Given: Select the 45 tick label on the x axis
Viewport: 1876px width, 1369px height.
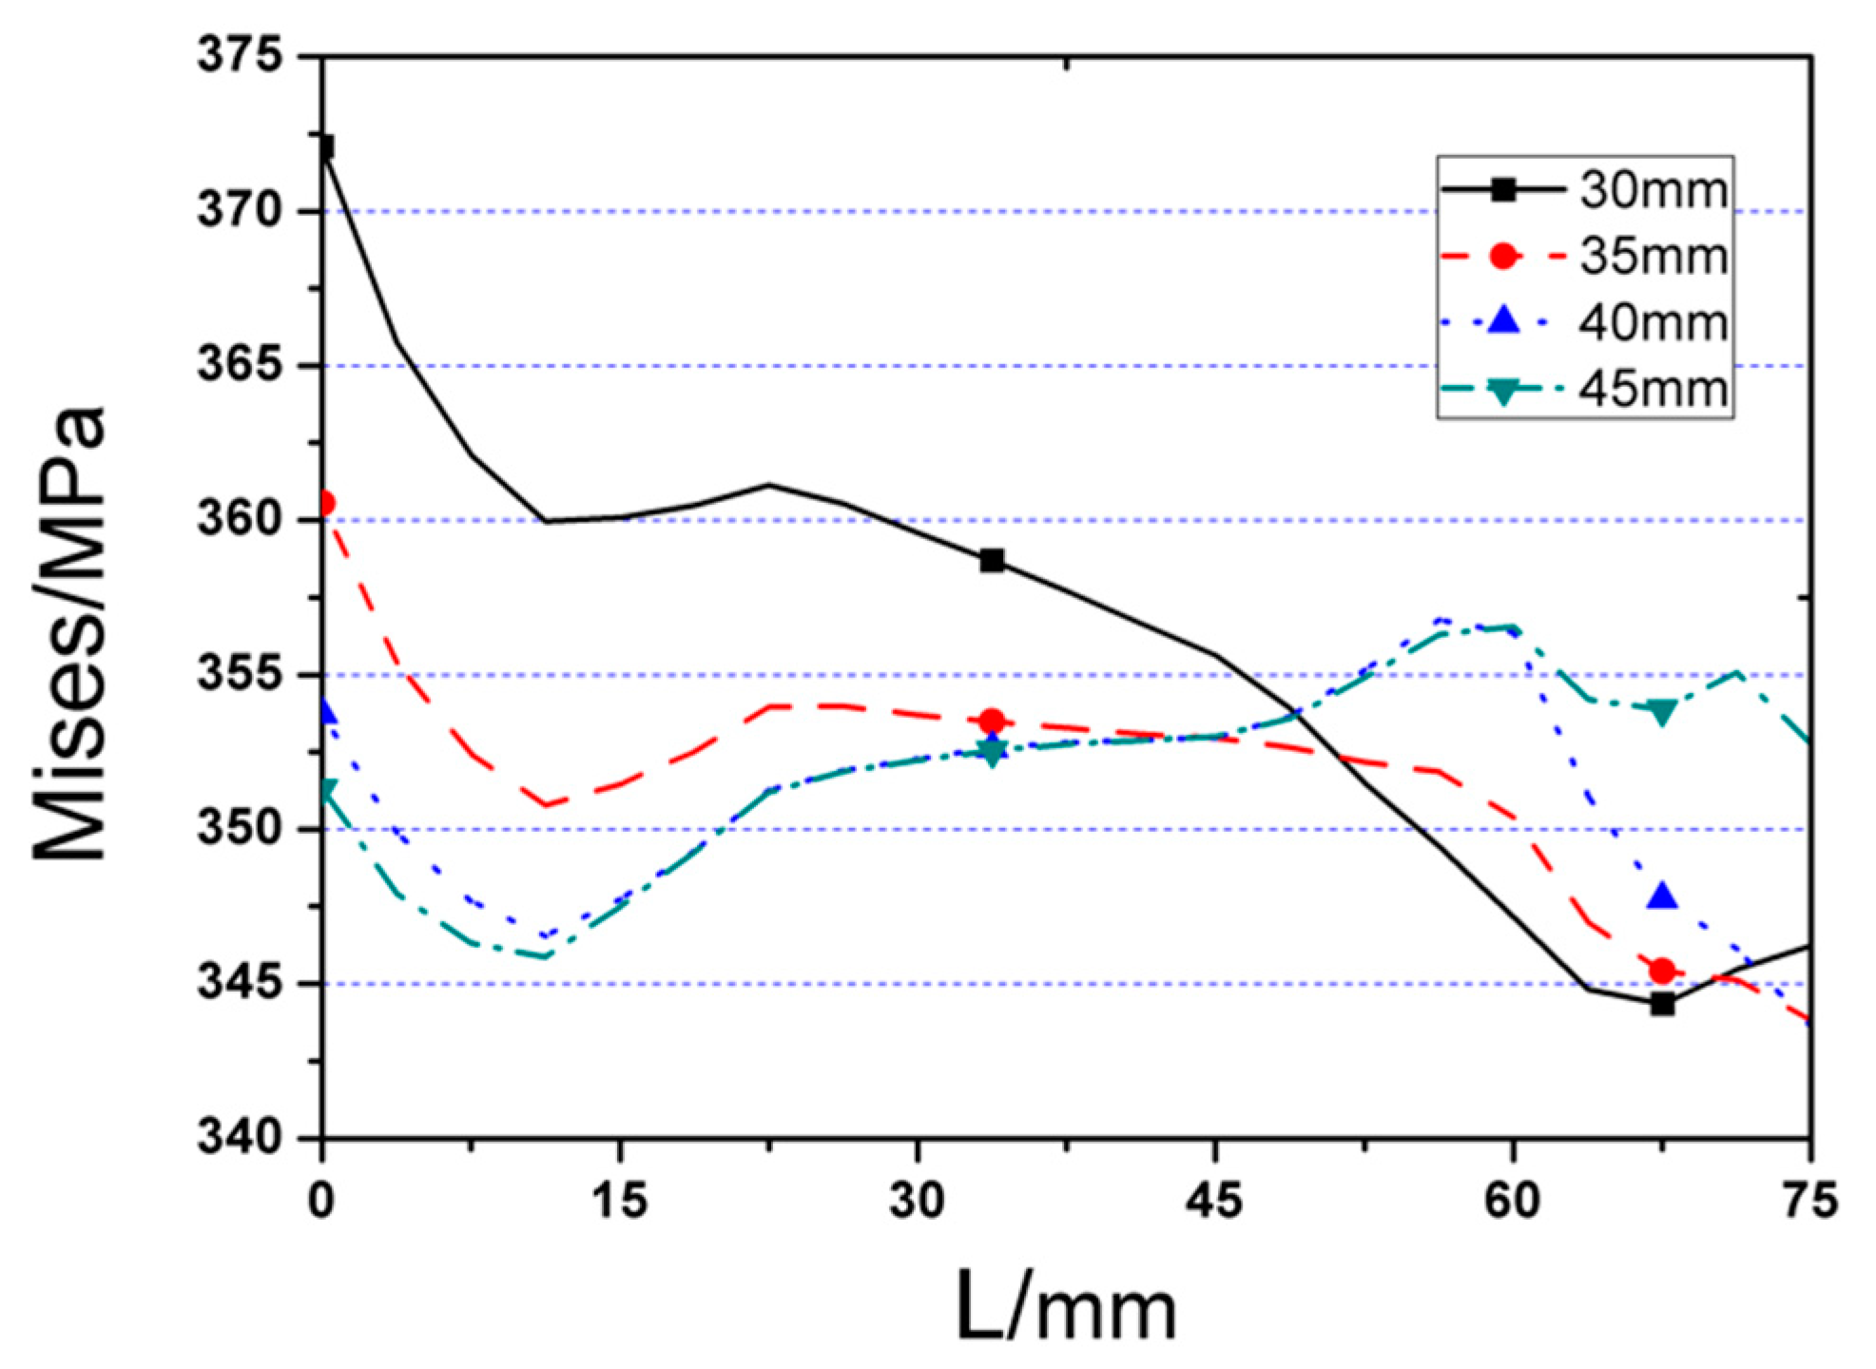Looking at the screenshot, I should [1214, 1201].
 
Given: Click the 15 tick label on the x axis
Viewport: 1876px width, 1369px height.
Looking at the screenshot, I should [619, 1201].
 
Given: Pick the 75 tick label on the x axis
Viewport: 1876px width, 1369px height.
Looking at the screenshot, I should [1809, 1201].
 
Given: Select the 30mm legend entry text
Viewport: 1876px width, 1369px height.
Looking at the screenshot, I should [1653, 189].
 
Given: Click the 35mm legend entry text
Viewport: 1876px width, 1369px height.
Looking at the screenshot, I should [1653, 256].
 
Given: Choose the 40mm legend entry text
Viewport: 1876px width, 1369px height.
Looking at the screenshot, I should [1653, 323].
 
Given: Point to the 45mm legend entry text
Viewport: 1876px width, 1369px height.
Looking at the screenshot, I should [1653, 390].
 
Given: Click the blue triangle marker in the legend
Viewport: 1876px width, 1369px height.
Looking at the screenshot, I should [1503, 320].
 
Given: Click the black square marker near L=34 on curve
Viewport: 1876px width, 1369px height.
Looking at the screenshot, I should [992, 561].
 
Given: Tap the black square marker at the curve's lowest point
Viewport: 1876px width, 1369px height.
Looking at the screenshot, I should [1662, 1004].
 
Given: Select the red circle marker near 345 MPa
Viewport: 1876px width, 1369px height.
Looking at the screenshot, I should [1662, 971].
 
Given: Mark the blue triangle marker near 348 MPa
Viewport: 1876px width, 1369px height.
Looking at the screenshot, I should [1662, 897].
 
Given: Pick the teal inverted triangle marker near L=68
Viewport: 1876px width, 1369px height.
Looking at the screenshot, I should [1662, 713].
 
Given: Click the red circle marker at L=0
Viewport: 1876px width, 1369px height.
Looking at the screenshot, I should [325, 503].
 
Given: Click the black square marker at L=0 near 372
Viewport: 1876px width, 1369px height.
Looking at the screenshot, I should [325, 146].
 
